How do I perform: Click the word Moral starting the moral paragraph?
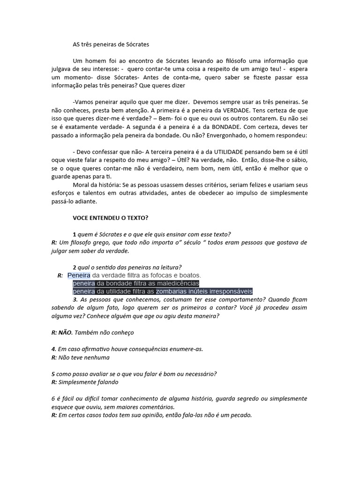coord(83,185)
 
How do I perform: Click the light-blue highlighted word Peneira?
coord(79,275)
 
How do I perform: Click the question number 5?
coord(52,374)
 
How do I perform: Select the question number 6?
coord(52,398)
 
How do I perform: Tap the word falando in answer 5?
coord(104,382)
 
